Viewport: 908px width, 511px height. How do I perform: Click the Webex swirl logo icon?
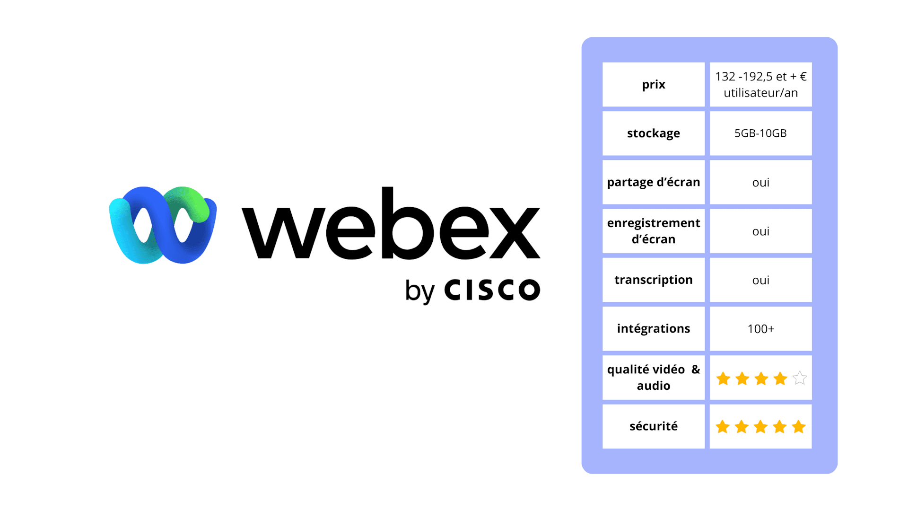163,225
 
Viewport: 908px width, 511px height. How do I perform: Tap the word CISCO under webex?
492,290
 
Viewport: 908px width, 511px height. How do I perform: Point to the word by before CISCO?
419,291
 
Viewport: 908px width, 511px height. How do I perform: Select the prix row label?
653,85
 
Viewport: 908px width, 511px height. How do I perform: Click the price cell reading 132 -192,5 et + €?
760,85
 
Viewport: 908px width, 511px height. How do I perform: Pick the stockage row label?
653,133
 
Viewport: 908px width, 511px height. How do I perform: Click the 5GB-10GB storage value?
760,133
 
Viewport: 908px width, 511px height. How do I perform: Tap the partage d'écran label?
653,182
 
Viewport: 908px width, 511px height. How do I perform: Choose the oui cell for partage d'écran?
760,183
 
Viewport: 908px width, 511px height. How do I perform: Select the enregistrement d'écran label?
653,231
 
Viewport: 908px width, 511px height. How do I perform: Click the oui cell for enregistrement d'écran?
760,231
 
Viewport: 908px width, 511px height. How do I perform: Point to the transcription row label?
653,280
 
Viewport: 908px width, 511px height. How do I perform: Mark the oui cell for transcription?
760,280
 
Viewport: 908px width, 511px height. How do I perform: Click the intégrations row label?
653,329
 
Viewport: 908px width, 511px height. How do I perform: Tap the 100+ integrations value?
760,329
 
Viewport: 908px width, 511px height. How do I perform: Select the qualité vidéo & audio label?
653,378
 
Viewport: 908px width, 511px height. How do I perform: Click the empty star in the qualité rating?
799,378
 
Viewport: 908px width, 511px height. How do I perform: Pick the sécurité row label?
653,426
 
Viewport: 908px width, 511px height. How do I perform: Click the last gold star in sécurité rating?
799,427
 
